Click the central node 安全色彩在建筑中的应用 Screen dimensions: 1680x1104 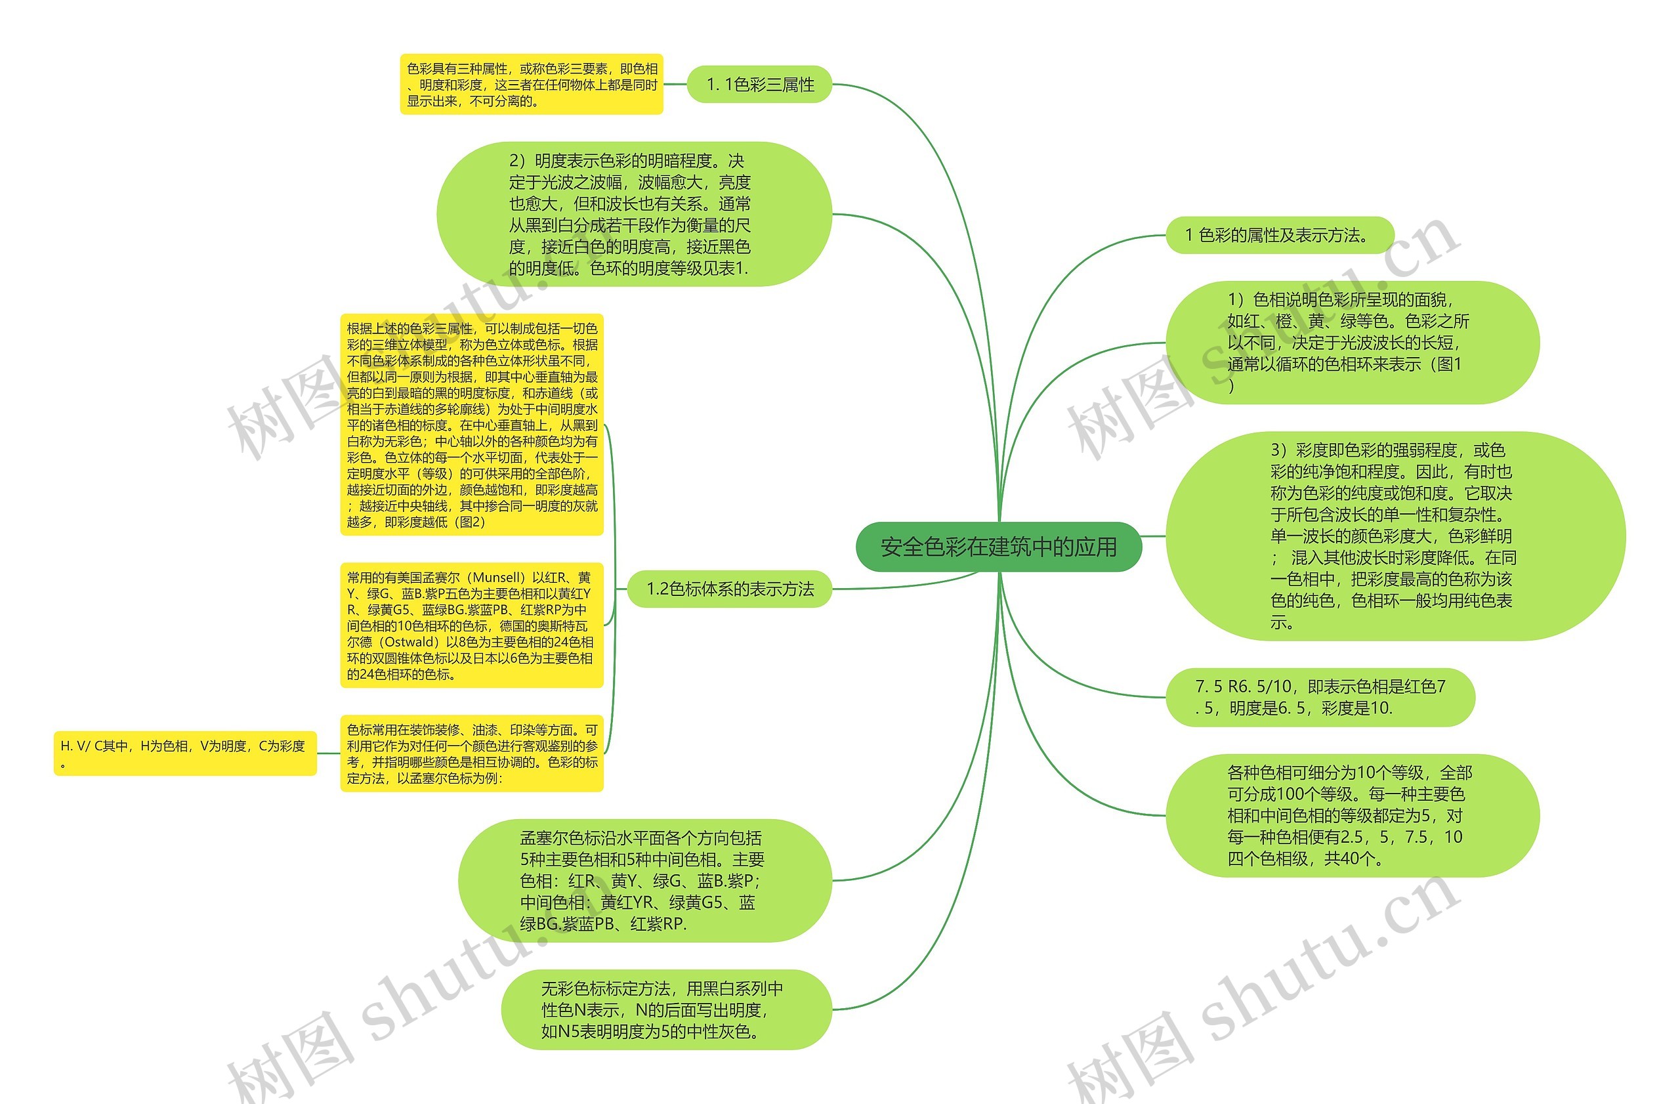click(x=998, y=547)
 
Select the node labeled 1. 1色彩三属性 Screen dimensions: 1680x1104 click(x=759, y=85)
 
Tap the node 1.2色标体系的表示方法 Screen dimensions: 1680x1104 click(x=730, y=589)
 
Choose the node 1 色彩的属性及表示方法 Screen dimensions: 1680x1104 click(x=1279, y=235)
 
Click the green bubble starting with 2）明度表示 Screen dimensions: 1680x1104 click(x=634, y=214)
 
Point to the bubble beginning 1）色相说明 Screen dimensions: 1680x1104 click(x=1351, y=343)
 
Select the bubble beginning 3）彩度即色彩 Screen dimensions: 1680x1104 click(x=1394, y=536)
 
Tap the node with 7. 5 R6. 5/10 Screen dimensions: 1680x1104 click(x=1320, y=696)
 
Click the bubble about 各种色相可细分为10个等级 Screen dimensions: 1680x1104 click(x=1351, y=815)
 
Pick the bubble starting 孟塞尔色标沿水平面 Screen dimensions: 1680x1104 click(x=644, y=880)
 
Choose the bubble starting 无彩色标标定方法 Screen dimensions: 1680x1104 click(x=665, y=1009)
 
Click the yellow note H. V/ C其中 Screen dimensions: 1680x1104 click(x=185, y=754)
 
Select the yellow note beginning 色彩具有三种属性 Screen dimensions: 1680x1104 click(x=532, y=85)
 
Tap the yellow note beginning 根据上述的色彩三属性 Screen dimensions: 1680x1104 click(x=472, y=425)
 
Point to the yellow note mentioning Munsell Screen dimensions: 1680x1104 click(x=472, y=626)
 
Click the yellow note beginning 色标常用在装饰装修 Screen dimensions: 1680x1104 click(x=472, y=754)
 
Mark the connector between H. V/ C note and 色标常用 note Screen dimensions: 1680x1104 click(x=328, y=754)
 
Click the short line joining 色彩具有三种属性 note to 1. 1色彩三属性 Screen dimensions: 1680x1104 click(x=675, y=85)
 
